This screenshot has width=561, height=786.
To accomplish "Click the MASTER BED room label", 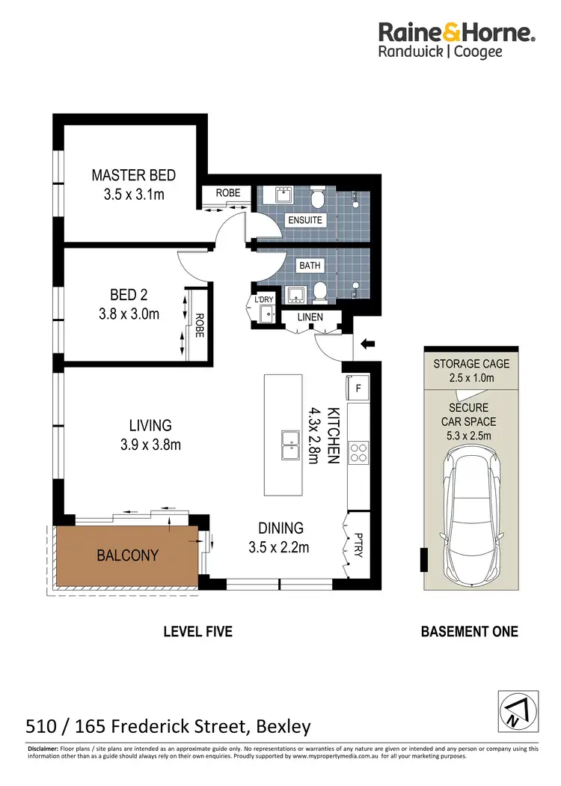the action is click(x=134, y=175).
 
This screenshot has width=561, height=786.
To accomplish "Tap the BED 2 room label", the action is click(x=129, y=295).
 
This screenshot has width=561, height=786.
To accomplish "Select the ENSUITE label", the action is click(x=305, y=220).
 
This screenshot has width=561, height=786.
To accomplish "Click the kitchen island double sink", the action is click(x=290, y=445).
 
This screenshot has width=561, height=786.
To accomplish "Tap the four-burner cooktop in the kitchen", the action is click(x=358, y=451).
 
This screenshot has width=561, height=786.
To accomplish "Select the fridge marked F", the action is click(x=358, y=388).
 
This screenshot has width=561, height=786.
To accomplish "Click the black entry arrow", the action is click(x=368, y=344).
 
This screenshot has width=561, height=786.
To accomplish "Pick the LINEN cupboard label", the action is click(x=310, y=317).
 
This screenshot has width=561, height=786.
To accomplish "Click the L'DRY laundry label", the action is click(x=264, y=299).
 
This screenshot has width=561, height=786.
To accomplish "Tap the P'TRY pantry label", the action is click(x=358, y=545).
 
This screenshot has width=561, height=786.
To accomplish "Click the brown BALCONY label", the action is click(x=127, y=555).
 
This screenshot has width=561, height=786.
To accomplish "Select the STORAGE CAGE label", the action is click(x=471, y=364).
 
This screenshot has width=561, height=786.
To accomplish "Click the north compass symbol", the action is click(x=518, y=711).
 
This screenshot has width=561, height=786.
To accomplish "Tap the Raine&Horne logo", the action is click(x=457, y=40).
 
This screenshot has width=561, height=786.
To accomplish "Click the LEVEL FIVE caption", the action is click(x=198, y=632).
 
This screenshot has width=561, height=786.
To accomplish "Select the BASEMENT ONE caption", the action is click(x=469, y=632).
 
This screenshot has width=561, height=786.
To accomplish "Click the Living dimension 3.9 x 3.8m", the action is click(x=150, y=445).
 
